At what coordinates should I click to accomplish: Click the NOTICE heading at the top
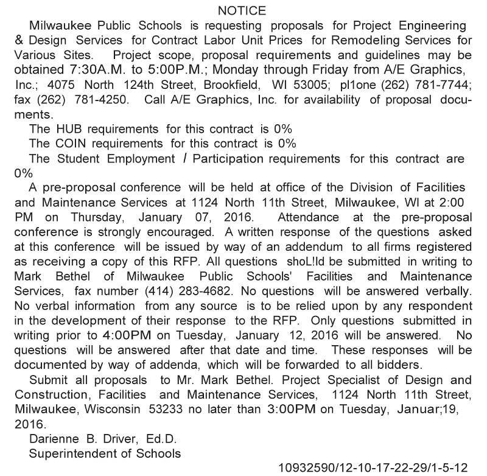(x=242, y=10)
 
